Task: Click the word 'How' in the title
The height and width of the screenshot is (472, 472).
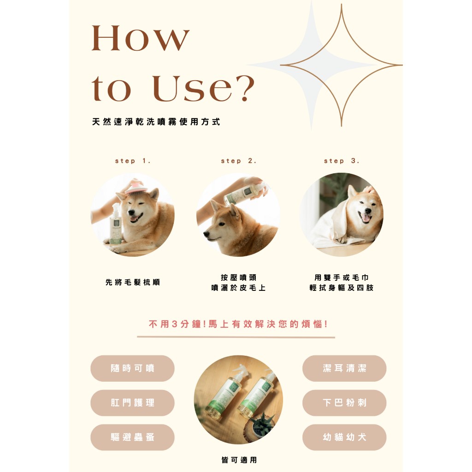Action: click(x=141, y=38)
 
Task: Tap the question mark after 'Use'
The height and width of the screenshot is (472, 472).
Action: click(x=245, y=88)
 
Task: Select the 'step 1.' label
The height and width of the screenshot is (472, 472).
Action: click(x=133, y=161)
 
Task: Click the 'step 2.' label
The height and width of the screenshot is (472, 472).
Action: click(x=239, y=161)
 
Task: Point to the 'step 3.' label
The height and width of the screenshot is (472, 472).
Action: click(x=342, y=161)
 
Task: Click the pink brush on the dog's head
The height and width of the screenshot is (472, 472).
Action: click(x=137, y=188)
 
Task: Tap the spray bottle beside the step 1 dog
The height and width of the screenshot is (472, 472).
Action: click(x=116, y=224)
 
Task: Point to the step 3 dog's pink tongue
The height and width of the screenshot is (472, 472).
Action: click(x=366, y=218)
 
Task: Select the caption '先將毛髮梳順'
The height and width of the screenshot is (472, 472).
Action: click(x=133, y=283)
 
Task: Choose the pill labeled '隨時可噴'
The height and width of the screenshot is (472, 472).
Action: click(x=132, y=368)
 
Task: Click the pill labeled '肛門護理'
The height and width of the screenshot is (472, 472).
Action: click(x=132, y=403)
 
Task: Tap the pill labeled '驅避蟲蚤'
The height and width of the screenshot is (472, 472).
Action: click(x=132, y=437)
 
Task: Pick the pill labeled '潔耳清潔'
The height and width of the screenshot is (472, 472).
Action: click(x=344, y=368)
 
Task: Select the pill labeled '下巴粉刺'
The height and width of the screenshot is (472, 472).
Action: click(x=344, y=403)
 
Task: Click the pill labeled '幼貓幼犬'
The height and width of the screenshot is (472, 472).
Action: click(x=344, y=437)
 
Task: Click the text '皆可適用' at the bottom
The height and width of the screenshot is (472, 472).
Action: click(x=239, y=460)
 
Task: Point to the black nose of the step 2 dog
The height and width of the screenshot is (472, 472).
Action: click(x=206, y=234)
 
